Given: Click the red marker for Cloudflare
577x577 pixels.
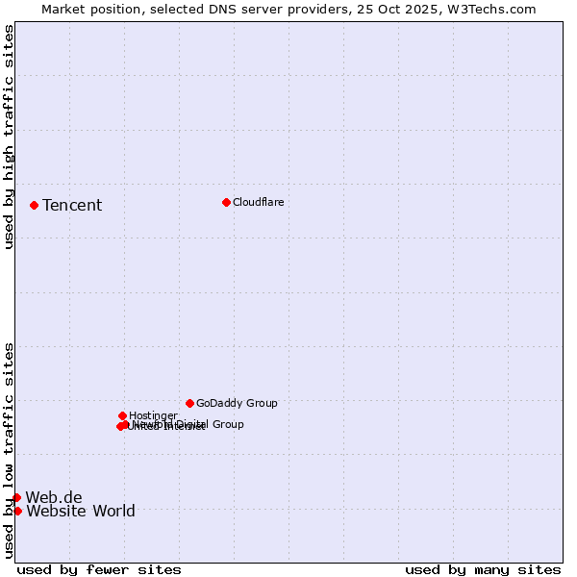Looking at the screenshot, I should pyautogui.click(x=226, y=202).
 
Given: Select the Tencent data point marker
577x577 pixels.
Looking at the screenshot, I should pyautogui.click(x=34, y=205).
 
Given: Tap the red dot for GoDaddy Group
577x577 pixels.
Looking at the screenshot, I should pyautogui.click(x=189, y=403).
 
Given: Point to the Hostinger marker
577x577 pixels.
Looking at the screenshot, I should pyautogui.click(x=122, y=415).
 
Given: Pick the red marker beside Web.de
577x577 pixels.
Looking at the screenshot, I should pyautogui.click(x=16, y=497).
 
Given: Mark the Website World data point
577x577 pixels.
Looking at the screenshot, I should pyautogui.click(x=17, y=511).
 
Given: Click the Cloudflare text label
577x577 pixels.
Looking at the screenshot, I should pyautogui.click(x=258, y=202).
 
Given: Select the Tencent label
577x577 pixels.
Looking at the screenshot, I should pyautogui.click(x=72, y=205).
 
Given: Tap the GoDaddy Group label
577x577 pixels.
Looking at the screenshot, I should pyautogui.click(x=237, y=403).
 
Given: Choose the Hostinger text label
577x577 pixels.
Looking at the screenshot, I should pyautogui.click(x=153, y=415).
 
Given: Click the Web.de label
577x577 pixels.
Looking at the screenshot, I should pyautogui.click(x=54, y=497).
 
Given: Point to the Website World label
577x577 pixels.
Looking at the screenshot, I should pyautogui.click(x=81, y=511).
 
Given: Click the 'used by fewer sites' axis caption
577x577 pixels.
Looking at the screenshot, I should pyautogui.click(x=99, y=569).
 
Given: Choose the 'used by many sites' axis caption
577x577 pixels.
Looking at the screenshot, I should pyautogui.click(x=483, y=569).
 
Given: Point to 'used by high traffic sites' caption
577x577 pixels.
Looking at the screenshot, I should pyautogui.click(x=9, y=137).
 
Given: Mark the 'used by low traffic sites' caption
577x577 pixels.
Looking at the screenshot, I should pyautogui.click(x=9, y=449).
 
